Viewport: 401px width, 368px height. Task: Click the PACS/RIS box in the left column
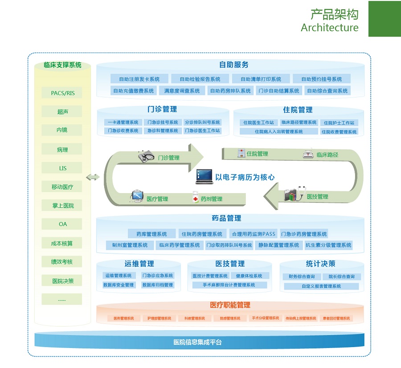pos(62,93)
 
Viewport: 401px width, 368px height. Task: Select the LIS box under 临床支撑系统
pos(62,168)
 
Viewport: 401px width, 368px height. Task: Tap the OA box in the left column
pos(62,224)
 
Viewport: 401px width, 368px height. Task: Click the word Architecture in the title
pos(329,28)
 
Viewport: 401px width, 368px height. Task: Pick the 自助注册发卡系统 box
pos(139,79)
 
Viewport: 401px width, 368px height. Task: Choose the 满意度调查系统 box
pos(182,91)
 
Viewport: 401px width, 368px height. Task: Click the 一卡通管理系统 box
pos(122,122)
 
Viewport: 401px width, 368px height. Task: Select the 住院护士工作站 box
pos(339,123)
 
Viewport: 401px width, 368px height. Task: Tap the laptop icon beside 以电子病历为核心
pos(204,177)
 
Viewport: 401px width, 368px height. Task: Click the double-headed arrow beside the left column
pos(93,177)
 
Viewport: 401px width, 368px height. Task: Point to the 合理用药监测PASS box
pos(254,234)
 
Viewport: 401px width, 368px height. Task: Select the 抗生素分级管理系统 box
pos(328,245)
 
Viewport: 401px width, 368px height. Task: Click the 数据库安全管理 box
pos(119,285)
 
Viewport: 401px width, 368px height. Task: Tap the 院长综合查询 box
pos(341,277)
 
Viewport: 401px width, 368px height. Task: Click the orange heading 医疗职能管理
pos(230,305)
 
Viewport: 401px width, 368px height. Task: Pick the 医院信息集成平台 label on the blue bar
pos(197,342)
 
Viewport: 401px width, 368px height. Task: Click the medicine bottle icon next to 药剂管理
pos(195,198)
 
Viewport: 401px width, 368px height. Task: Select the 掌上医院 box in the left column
pos(62,206)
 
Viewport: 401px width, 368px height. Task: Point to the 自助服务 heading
pos(233,65)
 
